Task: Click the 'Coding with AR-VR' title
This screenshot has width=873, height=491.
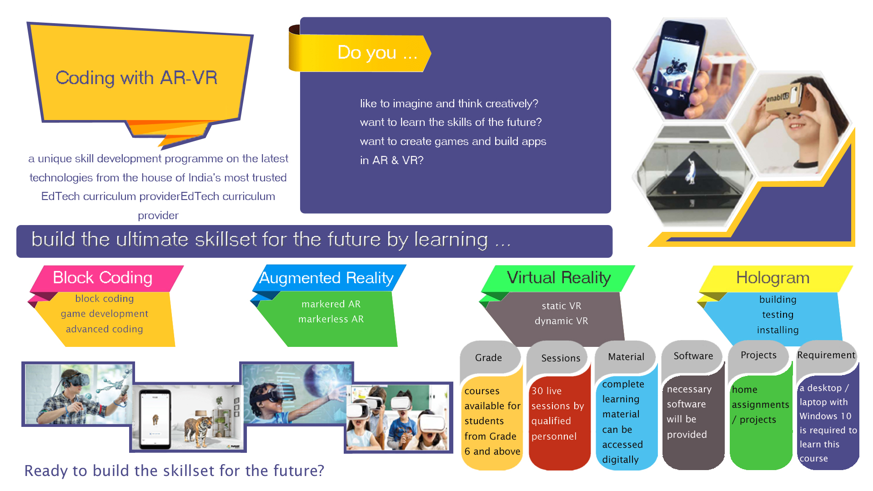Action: click(x=136, y=78)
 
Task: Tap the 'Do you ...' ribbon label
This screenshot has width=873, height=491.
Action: click(x=377, y=53)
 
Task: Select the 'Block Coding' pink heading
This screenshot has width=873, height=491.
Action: click(x=103, y=277)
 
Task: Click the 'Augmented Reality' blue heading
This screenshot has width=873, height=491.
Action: click(x=326, y=277)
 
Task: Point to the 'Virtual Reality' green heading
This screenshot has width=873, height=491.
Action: click(x=559, y=277)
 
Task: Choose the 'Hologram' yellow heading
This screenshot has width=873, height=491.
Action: click(x=773, y=277)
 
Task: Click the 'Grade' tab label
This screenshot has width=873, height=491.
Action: click(x=488, y=358)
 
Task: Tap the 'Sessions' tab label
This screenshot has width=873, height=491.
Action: click(x=561, y=358)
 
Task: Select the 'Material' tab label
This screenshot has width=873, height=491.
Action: click(x=626, y=357)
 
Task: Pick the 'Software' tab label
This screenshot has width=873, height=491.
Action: click(x=693, y=356)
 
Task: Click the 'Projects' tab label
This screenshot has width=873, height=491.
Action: click(x=758, y=355)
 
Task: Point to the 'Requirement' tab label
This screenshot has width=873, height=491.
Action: click(x=826, y=355)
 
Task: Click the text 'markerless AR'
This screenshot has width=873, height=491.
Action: click(x=331, y=319)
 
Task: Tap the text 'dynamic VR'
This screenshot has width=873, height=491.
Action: click(x=562, y=321)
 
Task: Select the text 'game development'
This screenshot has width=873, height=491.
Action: click(x=105, y=314)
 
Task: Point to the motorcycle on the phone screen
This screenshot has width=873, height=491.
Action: click(x=676, y=66)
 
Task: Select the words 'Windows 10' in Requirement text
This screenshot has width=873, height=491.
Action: click(x=825, y=416)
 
